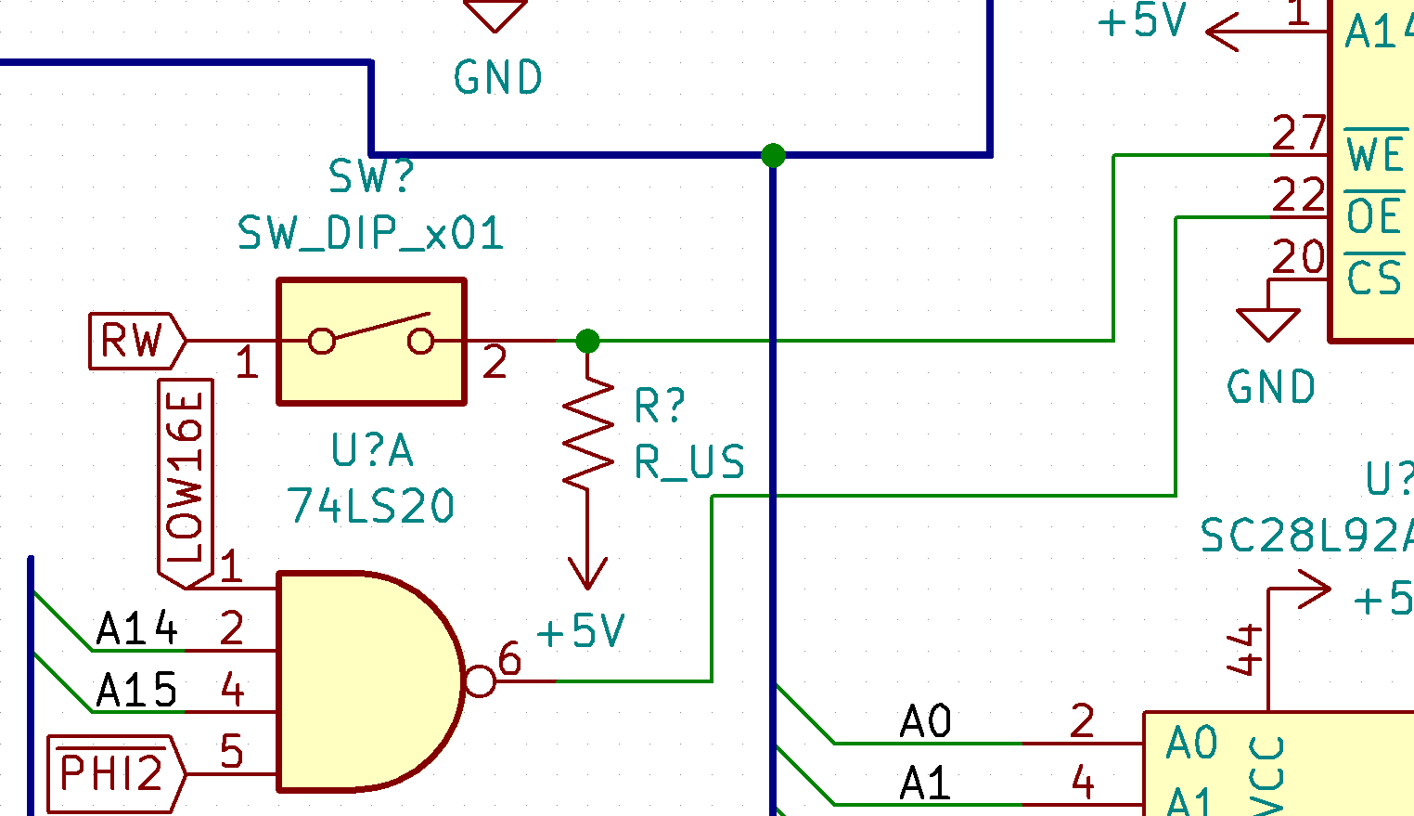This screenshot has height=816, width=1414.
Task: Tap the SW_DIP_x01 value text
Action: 370,233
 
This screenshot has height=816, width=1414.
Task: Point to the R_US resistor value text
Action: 689,462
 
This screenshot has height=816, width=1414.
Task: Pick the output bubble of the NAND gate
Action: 480,681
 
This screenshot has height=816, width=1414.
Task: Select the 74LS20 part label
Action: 370,507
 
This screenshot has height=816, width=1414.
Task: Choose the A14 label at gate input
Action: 136,629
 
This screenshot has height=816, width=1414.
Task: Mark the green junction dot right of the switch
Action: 587,342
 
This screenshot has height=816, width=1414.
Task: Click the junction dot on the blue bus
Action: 773,155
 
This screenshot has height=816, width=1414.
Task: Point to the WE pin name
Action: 1375,153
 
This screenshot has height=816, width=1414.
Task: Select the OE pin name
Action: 1374,216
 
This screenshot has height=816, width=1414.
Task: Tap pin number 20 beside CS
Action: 1298,257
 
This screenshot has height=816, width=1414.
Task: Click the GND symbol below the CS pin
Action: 1268,325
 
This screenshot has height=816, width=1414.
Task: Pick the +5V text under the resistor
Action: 581,632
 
